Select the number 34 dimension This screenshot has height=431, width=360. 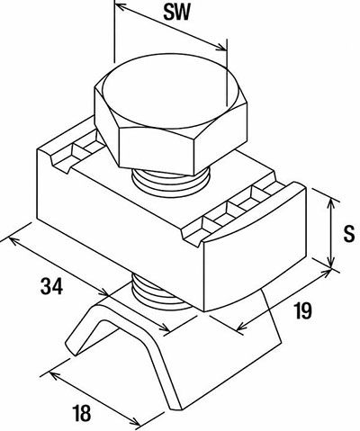pyautogui.click(x=51, y=286)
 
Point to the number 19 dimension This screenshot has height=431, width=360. pyautogui.click(x=302, y=310)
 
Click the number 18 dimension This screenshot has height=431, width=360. pyautogui.click(x=81, y=413)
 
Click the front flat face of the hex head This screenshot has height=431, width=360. pyautogui.click(x=157, y=150)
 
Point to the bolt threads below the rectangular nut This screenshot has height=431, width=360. pyautogui.click(x=160, y=293)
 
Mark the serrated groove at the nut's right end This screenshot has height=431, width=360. pyautogui.click(x=232, y=213)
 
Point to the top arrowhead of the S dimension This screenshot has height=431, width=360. pyautogui.click(x=330, y=203)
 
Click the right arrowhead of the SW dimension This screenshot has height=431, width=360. pyautogui.click(x=221, y=47)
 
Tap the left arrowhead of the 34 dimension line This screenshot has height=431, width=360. pyautogui.click(x=14, y=240)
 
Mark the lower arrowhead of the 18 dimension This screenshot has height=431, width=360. pyautogui.click(x=135, y=421)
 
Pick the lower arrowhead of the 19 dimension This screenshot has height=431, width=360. pyautogui.click(x=242, y=327)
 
